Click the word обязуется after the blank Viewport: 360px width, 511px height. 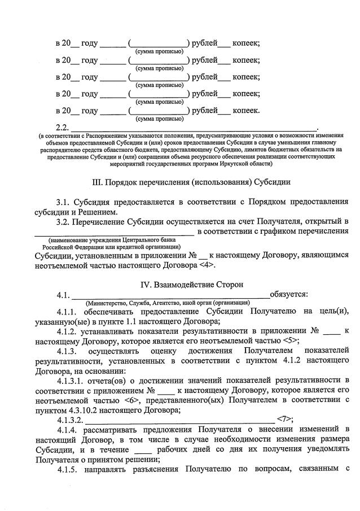coord(288,294)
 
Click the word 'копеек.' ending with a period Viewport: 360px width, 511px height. coord(247,110)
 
